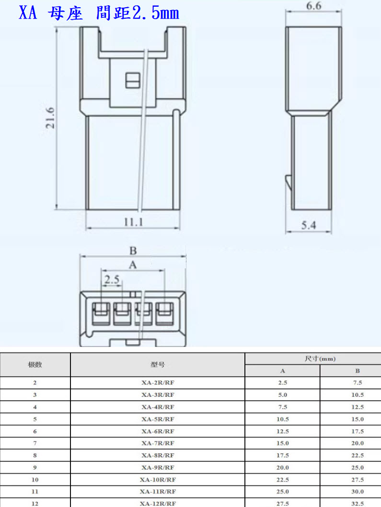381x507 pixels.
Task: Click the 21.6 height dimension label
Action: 50,118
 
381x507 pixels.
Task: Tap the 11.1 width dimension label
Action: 133,222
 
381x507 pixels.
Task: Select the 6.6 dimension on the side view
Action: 314,6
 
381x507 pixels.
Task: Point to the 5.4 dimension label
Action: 309,225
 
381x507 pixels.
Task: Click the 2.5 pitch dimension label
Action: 112,279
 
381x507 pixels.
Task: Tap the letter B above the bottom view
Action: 133,251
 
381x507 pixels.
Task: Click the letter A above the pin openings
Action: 133,265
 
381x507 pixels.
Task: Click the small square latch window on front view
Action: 133,80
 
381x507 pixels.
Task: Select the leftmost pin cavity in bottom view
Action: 101,313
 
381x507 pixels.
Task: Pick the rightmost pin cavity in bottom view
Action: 165,313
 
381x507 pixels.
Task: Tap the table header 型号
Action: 158,364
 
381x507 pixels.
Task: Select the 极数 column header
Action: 35,364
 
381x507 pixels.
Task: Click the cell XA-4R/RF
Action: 158,407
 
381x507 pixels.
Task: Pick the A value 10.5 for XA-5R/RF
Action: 282,419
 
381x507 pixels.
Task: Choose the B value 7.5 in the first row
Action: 358,382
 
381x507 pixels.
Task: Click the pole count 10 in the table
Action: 35,480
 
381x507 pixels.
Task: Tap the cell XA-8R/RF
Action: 158,455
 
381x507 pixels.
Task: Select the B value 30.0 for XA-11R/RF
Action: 358,492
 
